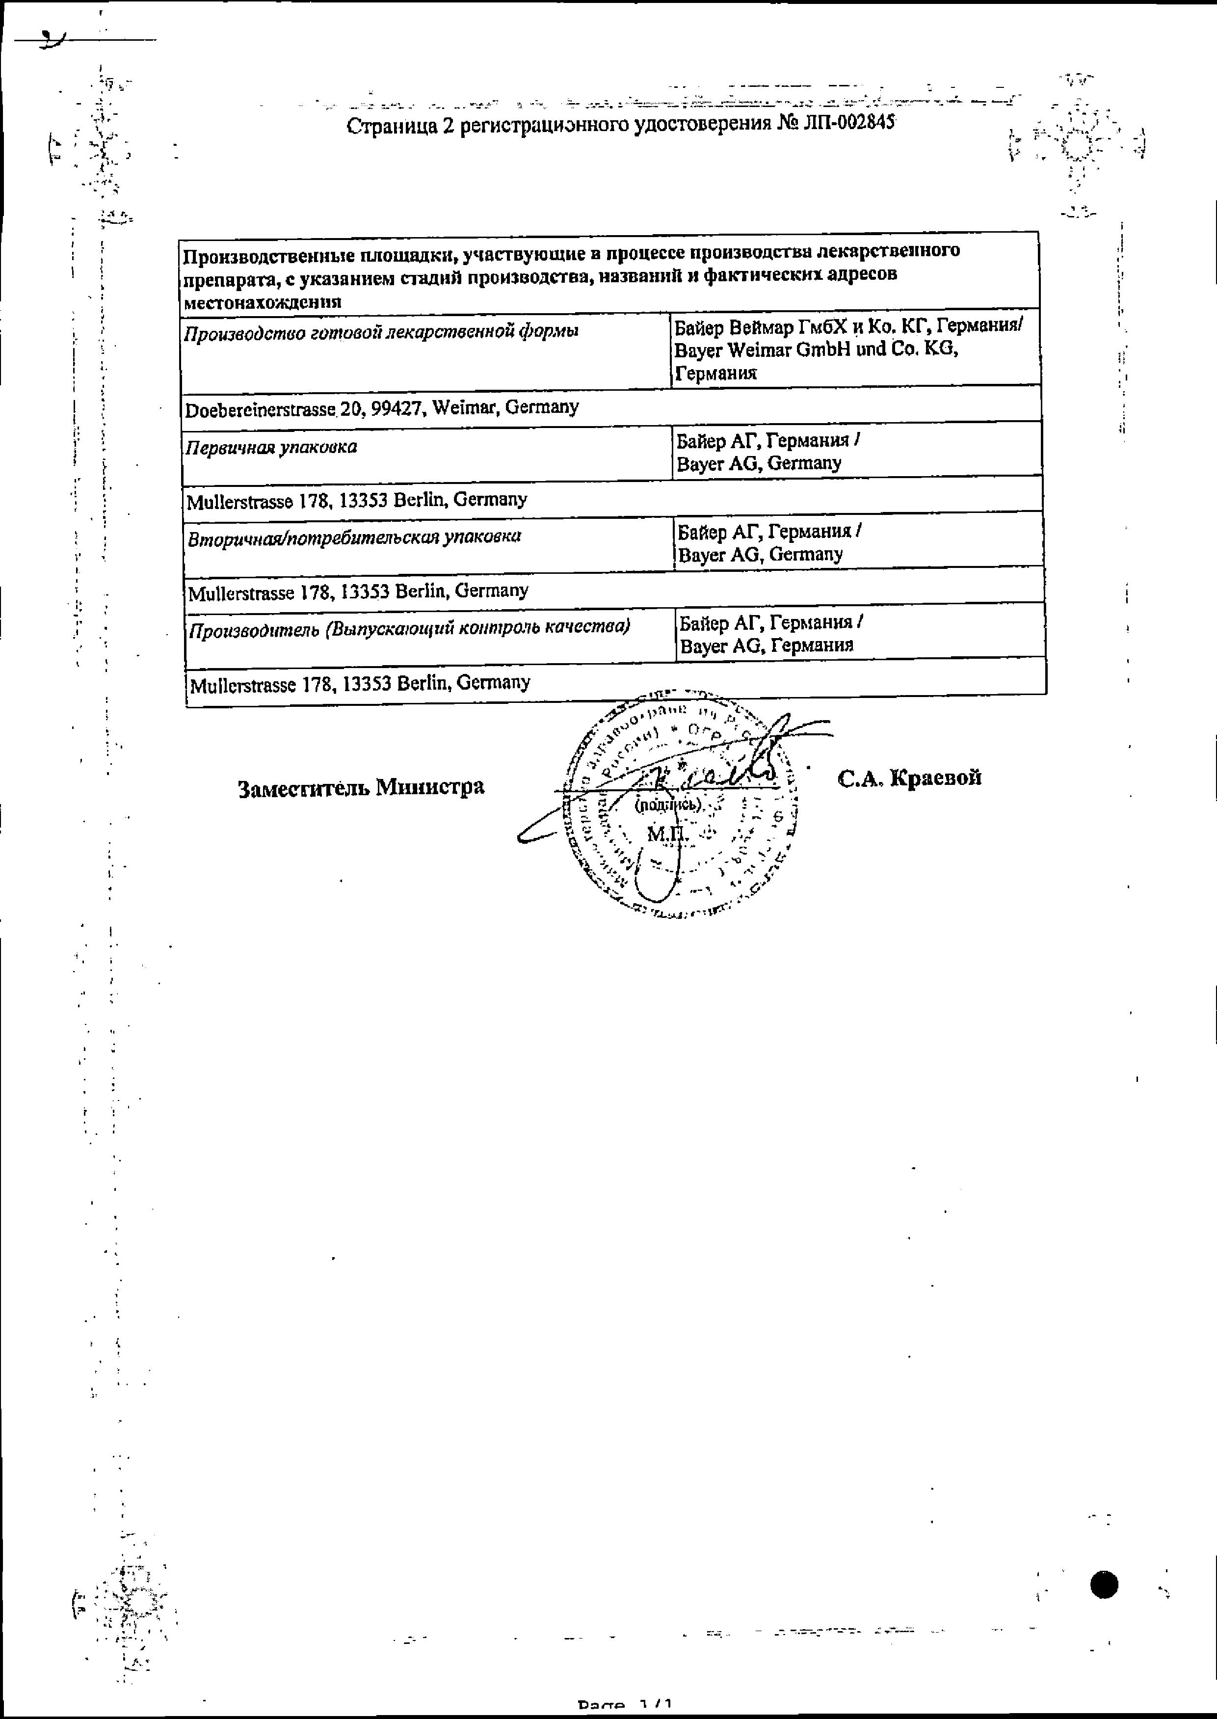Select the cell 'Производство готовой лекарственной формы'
[381, 332]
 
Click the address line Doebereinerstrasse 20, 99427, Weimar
[382, 408]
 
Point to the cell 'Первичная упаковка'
[271, 448]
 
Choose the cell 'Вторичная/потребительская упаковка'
[354, 537]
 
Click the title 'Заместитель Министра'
[361, 788]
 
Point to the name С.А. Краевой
[909, 778]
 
